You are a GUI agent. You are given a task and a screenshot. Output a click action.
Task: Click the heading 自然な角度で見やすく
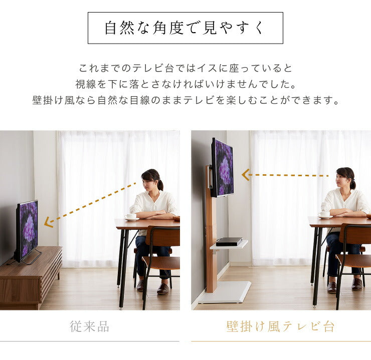185,28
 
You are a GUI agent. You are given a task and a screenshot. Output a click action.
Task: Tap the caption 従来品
89,327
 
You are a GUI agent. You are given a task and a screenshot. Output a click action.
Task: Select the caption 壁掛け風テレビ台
280,327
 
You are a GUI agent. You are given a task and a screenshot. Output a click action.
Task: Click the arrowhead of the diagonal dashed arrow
48,222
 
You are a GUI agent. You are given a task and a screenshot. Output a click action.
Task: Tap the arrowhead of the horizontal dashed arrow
246,175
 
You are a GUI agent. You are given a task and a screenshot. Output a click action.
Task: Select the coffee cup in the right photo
324,214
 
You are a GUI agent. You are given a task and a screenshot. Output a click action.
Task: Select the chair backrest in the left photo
162,237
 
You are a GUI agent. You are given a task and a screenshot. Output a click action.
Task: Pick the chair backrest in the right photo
355,234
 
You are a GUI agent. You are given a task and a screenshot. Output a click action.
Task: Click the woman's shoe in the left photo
163,289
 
